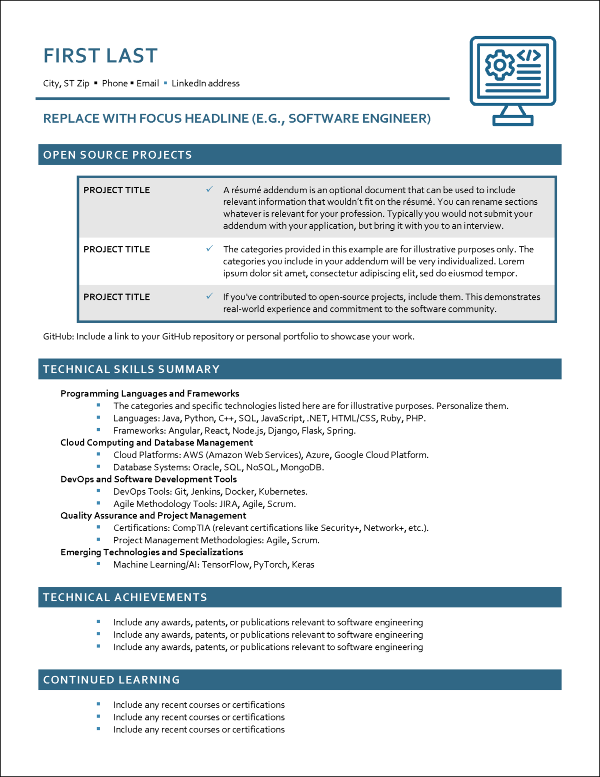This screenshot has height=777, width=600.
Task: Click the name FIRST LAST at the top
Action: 100,56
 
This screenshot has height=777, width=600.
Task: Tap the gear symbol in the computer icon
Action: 499,65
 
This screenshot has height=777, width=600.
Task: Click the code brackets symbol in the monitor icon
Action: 528,55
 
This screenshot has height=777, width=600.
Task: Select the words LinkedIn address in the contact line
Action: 205,83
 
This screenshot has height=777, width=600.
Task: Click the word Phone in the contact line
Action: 114,83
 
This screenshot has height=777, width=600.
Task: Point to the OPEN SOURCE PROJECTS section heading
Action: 117,155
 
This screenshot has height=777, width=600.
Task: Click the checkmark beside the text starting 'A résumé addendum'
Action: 209,189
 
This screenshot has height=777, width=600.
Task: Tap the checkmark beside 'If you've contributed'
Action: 209,296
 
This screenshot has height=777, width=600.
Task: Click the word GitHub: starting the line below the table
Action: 58,336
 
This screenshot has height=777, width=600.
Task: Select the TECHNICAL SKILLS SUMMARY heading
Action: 131,369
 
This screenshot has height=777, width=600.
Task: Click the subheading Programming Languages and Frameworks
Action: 150,394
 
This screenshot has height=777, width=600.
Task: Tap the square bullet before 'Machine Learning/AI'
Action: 98,564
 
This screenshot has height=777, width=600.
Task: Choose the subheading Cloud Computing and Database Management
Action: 156,443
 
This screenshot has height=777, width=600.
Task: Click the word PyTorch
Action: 270,565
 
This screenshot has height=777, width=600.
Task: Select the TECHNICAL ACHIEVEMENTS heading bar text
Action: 125,597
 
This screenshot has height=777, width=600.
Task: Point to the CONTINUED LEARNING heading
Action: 111,680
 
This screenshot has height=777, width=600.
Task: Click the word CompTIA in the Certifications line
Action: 191,528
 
